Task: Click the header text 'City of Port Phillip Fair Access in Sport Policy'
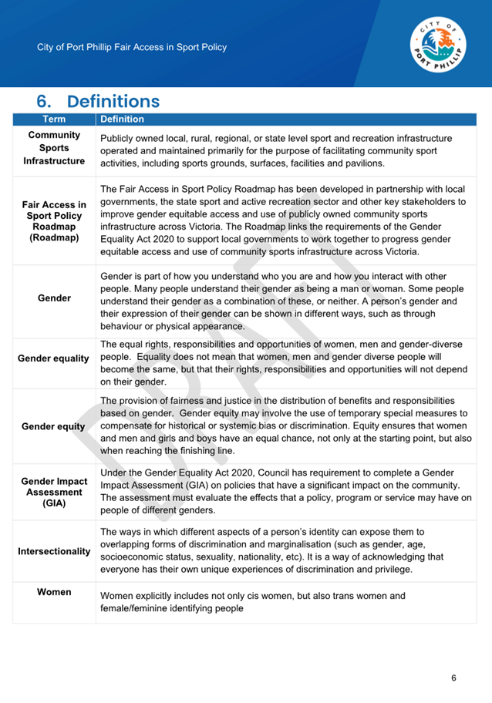pos(132,47)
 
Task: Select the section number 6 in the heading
pos(44,102)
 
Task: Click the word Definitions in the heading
pos(113,102)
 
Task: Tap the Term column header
pos(54,119)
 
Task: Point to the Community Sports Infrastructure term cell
pos(54,149)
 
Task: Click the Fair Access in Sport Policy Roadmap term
pos(54,222)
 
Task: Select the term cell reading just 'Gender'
pos(54,298)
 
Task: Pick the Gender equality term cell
pos(54,359)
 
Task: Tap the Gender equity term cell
pos(54,426)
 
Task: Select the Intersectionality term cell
pos(54,552)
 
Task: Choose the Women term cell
pos(54,592)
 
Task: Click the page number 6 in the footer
pos(453,678)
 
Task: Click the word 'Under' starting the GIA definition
pos(115,473)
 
